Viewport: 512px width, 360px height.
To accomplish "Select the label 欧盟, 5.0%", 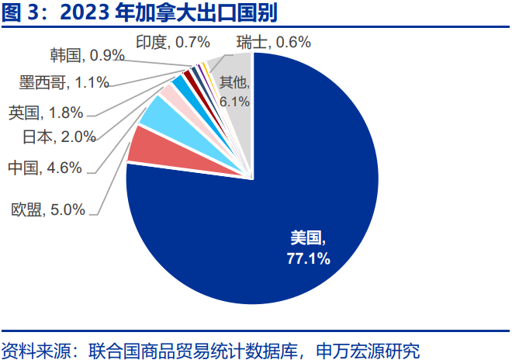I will (48, 209).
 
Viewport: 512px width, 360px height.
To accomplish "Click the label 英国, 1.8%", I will (46, 113).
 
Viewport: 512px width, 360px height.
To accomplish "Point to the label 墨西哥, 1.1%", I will (64, 81).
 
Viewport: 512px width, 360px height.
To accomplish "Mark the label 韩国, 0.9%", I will (87, 56).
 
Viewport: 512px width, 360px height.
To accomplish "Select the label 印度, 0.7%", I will (163, 42).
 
